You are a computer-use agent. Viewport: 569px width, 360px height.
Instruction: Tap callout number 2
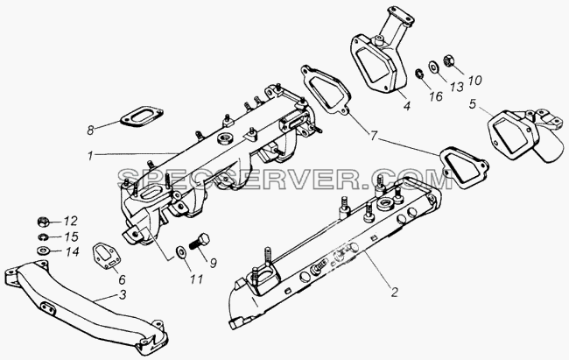394,292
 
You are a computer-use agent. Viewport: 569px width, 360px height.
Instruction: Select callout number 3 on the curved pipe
123,294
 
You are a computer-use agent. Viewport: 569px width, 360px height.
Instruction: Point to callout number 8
90,130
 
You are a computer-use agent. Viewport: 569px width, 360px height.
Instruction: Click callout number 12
70,221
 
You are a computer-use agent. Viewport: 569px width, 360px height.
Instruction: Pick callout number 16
435,95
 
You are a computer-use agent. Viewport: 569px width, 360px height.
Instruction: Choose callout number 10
474,80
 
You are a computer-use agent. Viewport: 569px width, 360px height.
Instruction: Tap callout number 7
374,137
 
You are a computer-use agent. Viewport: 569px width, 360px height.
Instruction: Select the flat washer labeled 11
180,251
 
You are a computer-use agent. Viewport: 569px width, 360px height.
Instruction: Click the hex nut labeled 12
43,221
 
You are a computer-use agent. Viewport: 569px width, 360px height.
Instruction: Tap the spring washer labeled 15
43,237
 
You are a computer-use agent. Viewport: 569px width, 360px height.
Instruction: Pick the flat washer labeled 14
43,251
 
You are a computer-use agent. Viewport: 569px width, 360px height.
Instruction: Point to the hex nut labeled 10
449,60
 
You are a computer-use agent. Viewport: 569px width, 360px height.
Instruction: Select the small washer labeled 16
419,74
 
